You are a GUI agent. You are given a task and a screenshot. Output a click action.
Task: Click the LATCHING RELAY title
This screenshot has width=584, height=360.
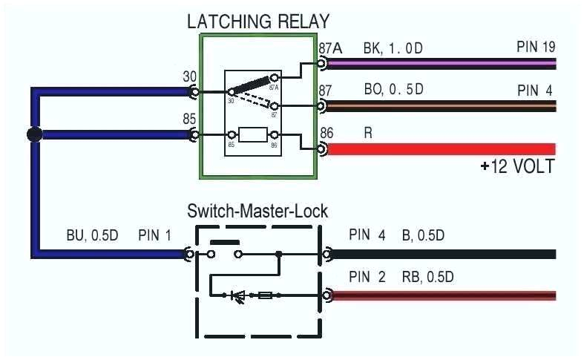click(257, 21)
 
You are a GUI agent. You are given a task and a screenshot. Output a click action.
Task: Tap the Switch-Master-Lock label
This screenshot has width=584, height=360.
click(257, 211)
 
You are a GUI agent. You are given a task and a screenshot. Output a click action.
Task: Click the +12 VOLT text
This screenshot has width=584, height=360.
click(516, 166)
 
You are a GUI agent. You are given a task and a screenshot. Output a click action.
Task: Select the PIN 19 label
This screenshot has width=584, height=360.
click(536, 48)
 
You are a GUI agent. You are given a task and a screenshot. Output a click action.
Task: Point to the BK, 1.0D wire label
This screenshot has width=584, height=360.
click(393, 49)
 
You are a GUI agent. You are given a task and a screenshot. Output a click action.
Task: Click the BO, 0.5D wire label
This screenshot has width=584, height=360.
click(393, 90)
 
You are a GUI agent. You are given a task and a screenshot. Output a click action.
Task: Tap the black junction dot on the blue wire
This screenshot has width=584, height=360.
click(33, 135)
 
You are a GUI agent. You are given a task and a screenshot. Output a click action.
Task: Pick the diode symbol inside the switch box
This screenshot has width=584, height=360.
click(239, 295)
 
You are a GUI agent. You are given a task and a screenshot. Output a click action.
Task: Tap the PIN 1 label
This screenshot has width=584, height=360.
click(154, 237)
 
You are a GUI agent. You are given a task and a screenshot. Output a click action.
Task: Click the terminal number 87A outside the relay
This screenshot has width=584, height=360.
click(330, 49)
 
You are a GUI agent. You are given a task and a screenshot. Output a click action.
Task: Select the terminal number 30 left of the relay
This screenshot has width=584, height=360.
click(189, 76)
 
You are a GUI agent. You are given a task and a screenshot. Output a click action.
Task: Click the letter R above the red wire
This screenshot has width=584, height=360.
click(368, 134)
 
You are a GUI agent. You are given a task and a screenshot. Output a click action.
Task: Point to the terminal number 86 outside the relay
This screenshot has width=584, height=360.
click(327, 134)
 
